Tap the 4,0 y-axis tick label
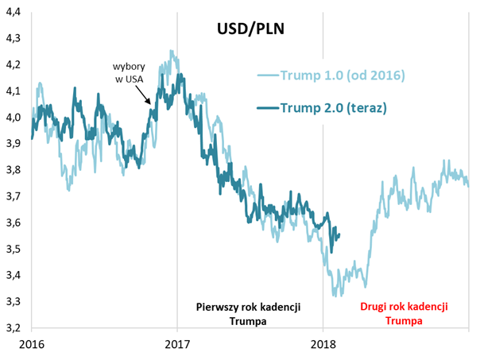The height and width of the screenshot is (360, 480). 14,118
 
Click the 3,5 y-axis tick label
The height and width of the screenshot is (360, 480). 14,250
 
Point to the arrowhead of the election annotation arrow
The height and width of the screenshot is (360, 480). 151,103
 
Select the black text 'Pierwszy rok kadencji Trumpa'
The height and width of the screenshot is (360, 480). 250,315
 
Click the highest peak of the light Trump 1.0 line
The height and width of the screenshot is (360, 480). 172,52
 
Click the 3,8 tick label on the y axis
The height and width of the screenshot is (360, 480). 14,170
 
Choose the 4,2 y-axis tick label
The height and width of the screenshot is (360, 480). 14,64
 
